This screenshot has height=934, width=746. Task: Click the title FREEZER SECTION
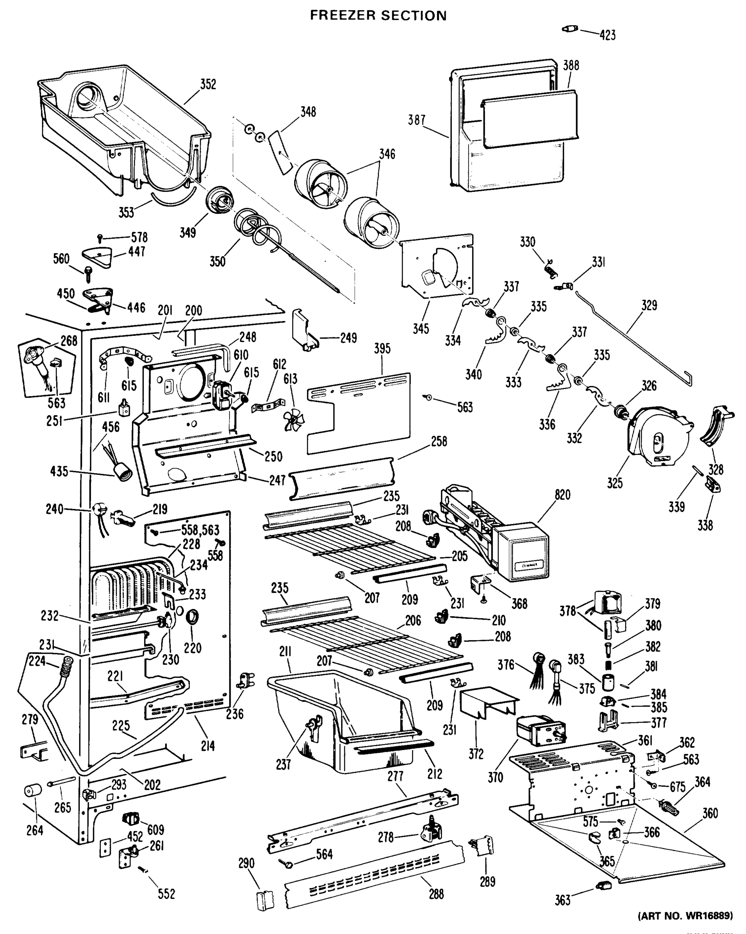pyautogui.click(x=378, y=16)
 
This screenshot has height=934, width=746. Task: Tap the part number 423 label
pyautogui.click(x=607, y=35)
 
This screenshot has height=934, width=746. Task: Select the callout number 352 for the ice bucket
pyautogui.click(x=208, y=84)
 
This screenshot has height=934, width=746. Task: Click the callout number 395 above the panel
pyautogui.click(x=382, y=349)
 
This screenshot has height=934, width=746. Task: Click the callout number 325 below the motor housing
pyautogui.click(x=615, y=483)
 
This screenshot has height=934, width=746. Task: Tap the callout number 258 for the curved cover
pyautogui.click(x=439, y=441)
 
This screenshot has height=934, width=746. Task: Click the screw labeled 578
pyautogui.click(x=100, y=238)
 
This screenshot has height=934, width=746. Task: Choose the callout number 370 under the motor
pyautogui.click(x=495, y=778)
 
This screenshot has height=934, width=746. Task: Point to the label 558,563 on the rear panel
pyautogui.click(x=200, y=530)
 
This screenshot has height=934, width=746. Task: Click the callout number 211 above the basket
pyautogui.click(x=285, y=651)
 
